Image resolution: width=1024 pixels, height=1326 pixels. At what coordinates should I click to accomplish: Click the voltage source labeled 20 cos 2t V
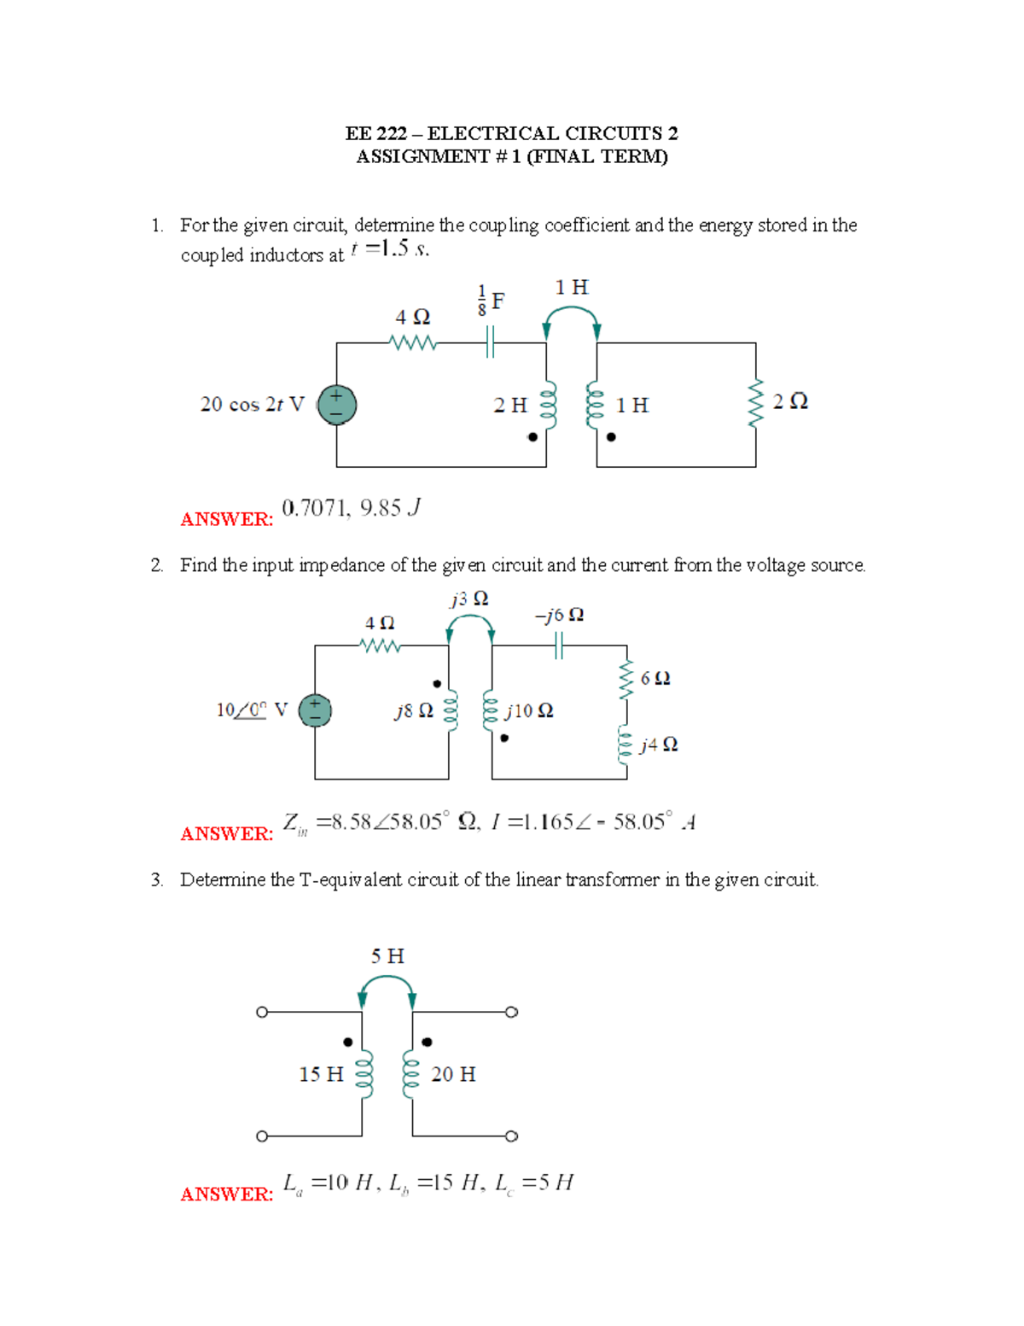(336, 405)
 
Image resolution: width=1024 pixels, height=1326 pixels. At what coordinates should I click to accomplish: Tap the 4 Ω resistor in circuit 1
(413, 343)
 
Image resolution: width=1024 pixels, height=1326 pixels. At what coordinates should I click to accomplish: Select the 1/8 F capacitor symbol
(490, 343)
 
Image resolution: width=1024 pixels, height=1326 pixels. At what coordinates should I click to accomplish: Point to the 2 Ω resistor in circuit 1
(755, 403)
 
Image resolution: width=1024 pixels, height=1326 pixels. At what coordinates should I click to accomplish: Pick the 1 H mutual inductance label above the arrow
(571, 288)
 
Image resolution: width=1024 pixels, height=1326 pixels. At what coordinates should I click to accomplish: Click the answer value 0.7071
(313, 509)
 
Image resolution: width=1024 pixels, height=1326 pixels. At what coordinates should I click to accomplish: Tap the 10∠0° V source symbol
(315, 710)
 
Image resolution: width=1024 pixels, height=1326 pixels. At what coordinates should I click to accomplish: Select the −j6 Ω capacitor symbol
(559, 646)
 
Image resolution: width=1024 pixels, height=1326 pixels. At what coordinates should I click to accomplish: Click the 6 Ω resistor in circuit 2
(627, 680)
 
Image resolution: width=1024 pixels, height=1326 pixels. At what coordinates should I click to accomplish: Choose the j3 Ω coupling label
(469, 599)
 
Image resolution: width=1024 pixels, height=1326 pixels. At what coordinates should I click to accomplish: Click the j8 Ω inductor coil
(451, 711)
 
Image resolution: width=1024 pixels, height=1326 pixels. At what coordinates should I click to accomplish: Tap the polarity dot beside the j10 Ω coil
(505, 738)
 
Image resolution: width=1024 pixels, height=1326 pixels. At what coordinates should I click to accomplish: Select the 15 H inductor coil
(364, 1074)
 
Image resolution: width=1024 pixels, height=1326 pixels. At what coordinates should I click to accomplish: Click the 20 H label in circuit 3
(453, 1074)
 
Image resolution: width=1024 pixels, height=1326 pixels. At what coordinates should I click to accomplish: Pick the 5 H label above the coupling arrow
(387, 956)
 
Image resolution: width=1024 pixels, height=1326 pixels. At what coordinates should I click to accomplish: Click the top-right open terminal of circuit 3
(511, 1013)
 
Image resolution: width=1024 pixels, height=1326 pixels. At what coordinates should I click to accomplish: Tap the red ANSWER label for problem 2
(226, 833)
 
